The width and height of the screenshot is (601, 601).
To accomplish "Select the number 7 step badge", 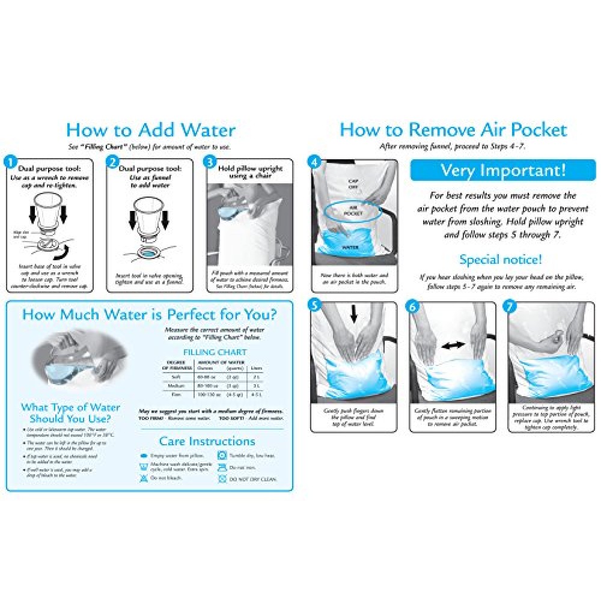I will (x=511, y=305).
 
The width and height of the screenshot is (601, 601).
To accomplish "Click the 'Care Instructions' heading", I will (x=207, y=441).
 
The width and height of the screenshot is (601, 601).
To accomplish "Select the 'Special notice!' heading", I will (x=501, y=260).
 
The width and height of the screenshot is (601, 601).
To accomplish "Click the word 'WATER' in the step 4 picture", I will (x=350, y=247).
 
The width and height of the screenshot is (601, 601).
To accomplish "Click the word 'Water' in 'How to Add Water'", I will (x=204, y=130).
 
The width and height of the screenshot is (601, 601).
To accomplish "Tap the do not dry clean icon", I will (x=222, y=479).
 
